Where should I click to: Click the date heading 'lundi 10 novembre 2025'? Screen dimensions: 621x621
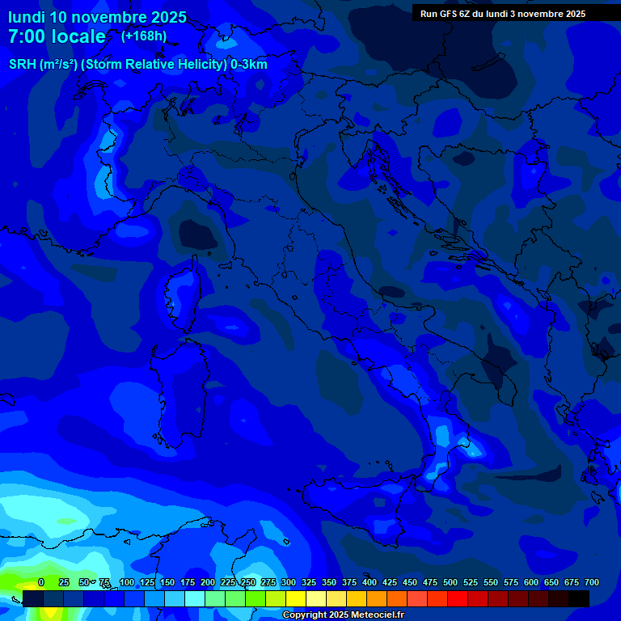[97, 17]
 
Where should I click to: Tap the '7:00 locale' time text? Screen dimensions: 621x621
[57, 36]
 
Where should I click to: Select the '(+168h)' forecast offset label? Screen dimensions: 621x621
[144, 36]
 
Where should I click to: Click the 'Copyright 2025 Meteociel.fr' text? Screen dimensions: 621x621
[343, 615]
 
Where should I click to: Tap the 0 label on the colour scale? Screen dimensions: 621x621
[40, 582]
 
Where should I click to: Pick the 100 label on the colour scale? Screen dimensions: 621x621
[127, 582]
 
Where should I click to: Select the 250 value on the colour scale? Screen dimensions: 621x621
[248, 582]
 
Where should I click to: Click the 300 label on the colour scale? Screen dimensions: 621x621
[289, 582]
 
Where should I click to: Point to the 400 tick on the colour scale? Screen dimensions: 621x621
[370, 582]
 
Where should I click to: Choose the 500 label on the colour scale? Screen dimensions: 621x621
[450, 582]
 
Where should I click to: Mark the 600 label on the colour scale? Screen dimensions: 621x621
[531, 582]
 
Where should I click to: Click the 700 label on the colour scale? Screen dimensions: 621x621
[592, 582]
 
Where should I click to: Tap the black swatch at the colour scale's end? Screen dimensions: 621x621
[579, 598]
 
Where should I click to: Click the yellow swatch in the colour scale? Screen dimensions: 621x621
[296, 598]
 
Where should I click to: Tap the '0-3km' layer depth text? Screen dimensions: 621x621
[249, 65]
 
